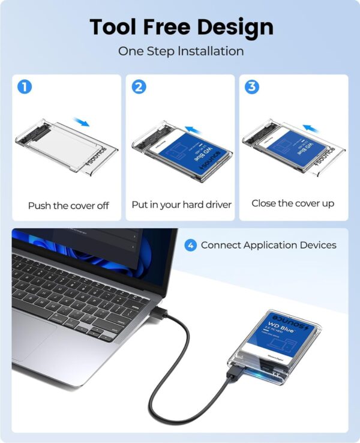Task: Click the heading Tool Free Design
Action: pyautogui.click(x=181, y=26)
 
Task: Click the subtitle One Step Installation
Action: pyautogui.click(x=181, y=51)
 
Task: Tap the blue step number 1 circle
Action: pyautogui.click(x=25, y=86)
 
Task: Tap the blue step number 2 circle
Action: pyautogui.click(x=139, y=86)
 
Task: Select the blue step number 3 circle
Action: pyautogui.click(x=252, y=86)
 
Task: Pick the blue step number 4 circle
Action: pyautogui.click(x=190, y=245)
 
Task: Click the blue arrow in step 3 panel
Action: pyautogui.click(x=309, y=128)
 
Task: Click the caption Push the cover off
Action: pyautogui.click(x=68, y=205)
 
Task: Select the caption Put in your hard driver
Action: pyautogui.click(x=181, y=205)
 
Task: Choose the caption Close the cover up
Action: pyautogui.click(x=293, y=203)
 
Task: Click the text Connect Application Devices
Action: pyautogui.click(x=268, y=245)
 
